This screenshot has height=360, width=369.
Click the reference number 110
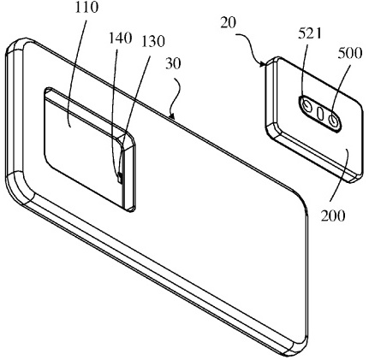(86, 8)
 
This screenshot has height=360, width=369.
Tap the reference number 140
(121, 38)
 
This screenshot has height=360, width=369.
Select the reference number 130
(152, 42)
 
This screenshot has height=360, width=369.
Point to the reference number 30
(173, 64)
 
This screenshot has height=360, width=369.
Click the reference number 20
(229, 23)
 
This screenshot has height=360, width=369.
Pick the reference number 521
(310, 34)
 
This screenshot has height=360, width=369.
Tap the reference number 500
(350, 53)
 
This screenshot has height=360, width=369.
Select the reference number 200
(333, 216)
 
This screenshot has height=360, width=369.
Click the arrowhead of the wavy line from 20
(263, 65)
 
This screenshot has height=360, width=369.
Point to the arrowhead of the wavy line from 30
(171, 115)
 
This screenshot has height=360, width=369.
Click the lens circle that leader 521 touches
(307, 107)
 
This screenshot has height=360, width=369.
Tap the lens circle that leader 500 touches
(333, 121)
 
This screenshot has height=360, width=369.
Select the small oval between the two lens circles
(320, 114)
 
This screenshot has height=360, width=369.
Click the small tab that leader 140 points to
(120, 178)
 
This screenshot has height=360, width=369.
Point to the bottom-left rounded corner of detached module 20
(272, 132)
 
